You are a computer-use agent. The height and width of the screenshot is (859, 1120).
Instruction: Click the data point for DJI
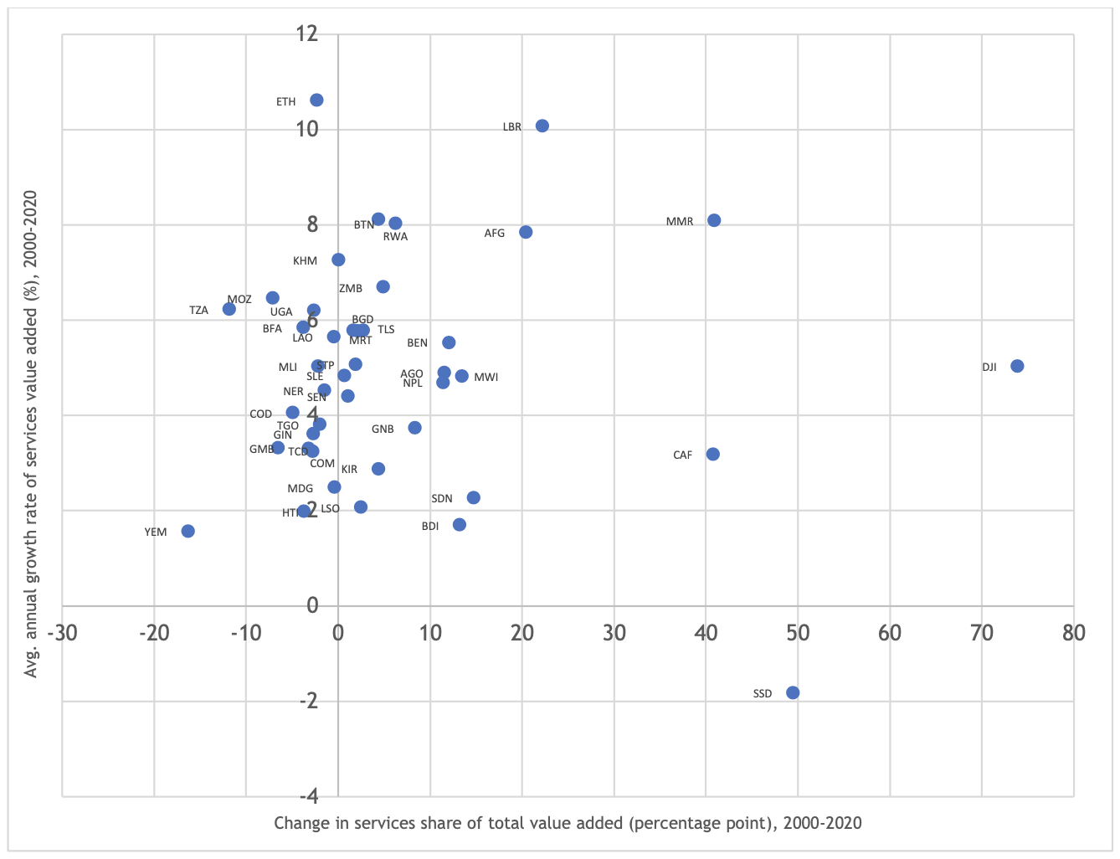[1017, 366]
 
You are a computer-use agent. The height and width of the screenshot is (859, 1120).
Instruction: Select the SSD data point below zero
[793, 692]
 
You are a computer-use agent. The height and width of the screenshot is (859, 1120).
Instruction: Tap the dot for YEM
[188, 531]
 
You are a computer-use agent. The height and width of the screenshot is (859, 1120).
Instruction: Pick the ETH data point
[316, 100]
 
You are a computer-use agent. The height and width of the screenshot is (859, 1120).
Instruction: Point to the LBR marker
[542, 126]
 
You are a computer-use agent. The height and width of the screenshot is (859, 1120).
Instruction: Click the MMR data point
[714, 220]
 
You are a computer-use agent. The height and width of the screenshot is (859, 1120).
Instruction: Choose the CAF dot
[712, 454]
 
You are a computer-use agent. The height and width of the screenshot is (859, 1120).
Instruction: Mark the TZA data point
[229, 309]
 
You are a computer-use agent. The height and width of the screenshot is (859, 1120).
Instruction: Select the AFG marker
[526, 232]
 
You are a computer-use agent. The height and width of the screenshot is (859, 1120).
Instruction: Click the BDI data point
[459, 524]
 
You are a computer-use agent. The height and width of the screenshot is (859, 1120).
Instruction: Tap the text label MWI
[486, 378]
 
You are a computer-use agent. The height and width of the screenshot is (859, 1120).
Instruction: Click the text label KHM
[305, 261]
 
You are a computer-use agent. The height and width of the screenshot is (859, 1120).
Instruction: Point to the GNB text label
[383, 429]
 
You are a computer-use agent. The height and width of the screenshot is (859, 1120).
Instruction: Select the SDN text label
[442, 499]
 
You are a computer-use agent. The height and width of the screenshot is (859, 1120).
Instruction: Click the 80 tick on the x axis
[1073, 633]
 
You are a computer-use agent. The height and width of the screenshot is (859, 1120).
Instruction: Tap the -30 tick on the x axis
[63, 633]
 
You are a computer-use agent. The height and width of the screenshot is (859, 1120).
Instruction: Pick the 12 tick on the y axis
[307, 33]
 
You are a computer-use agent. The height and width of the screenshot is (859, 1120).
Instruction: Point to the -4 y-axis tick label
[307, 795]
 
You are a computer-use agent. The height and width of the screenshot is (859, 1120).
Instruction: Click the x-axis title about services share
[568, 823]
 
